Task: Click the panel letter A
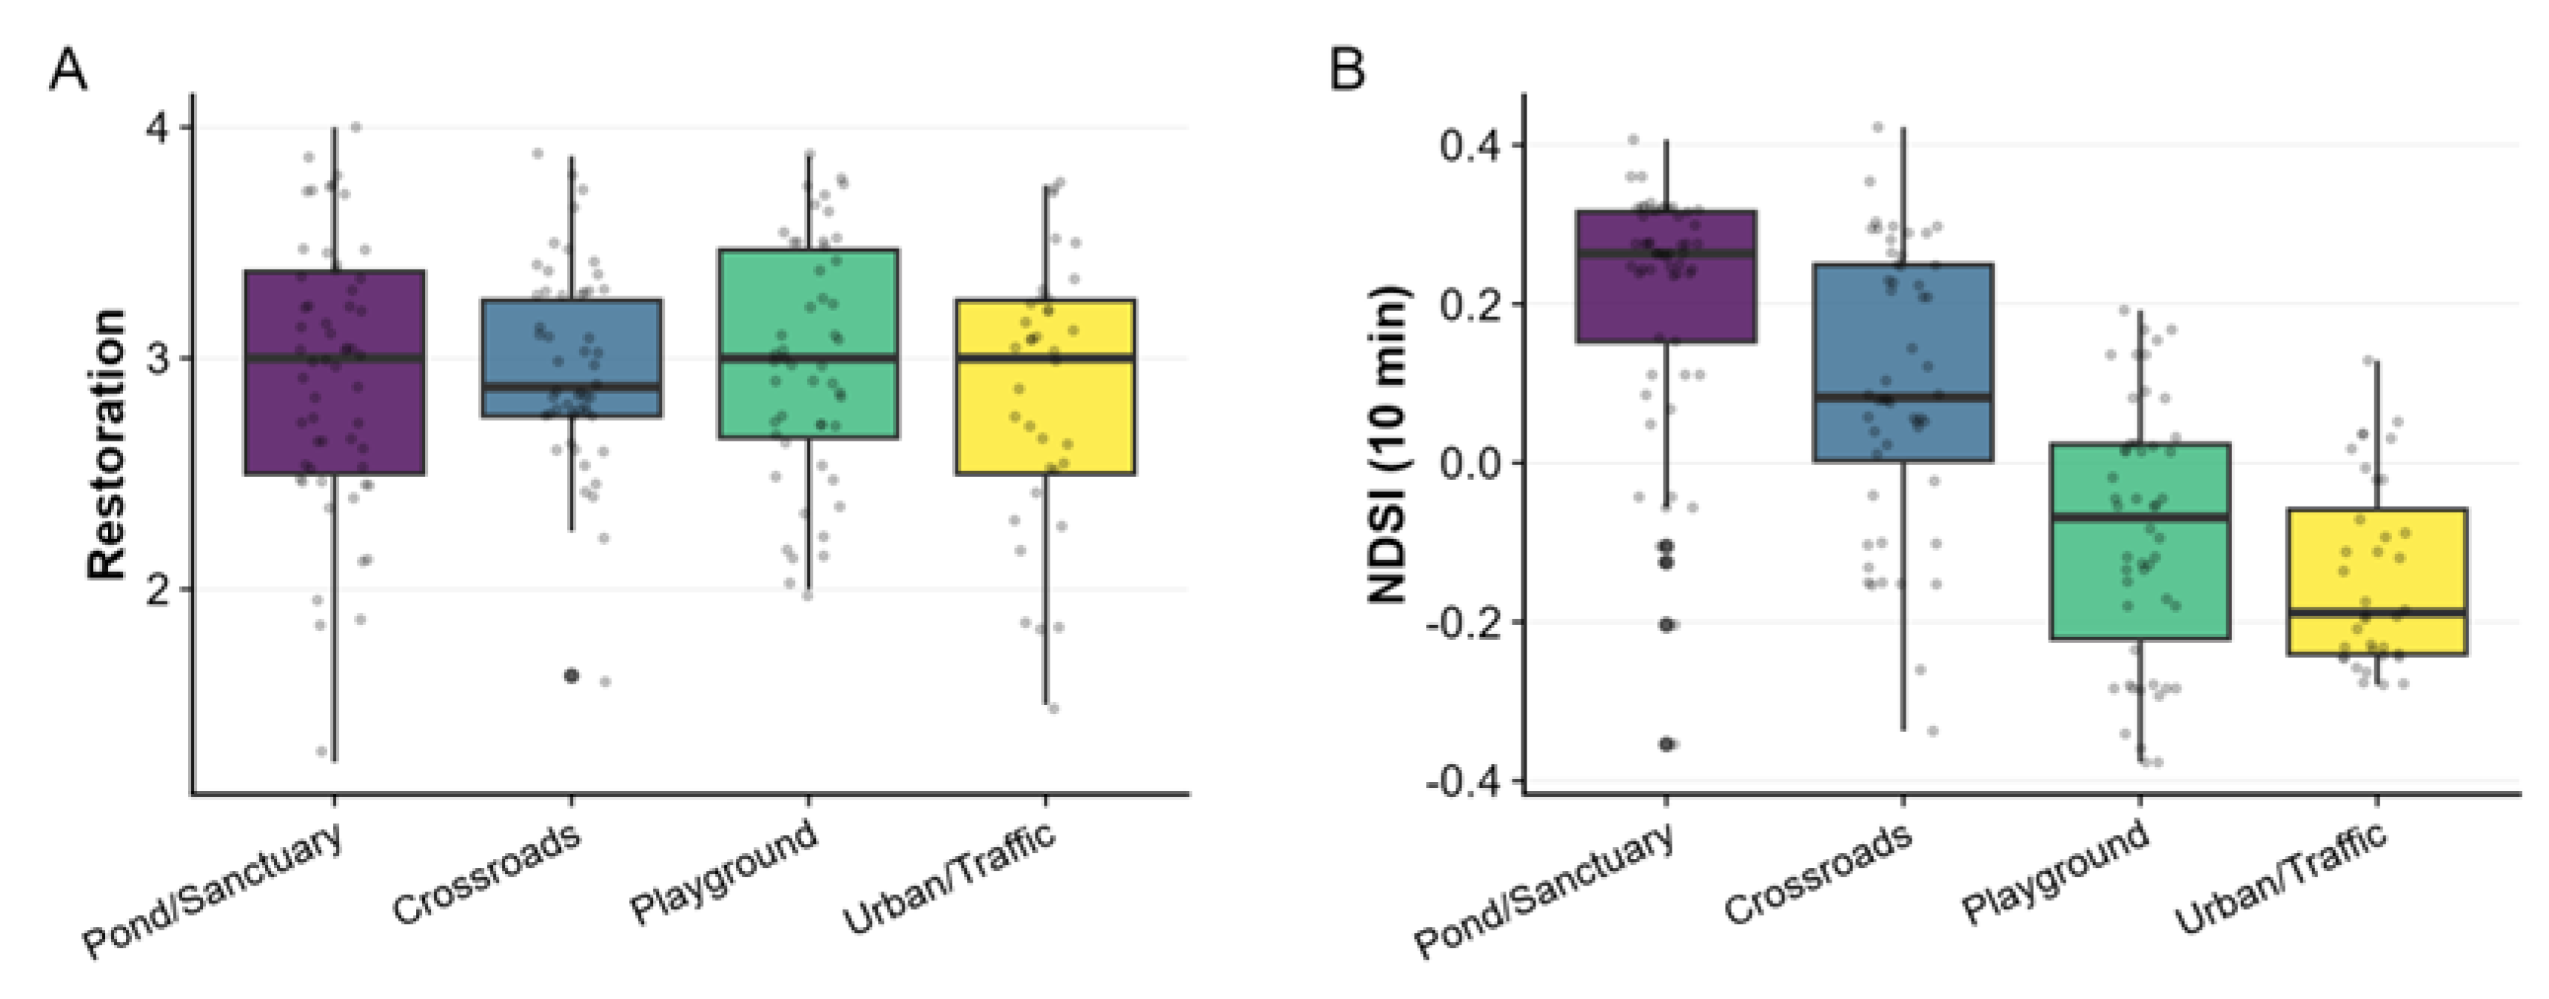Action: [67, 71]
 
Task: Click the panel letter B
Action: [1347, 71]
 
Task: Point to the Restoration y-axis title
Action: [107, 444]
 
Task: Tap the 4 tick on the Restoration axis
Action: [158, 129]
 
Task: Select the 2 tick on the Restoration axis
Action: [158, 589]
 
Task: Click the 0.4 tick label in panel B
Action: [1467, 147]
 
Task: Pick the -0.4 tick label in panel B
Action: [1461, 782]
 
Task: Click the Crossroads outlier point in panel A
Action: [571, 676]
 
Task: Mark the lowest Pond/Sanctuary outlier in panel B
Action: [1667, 744]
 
